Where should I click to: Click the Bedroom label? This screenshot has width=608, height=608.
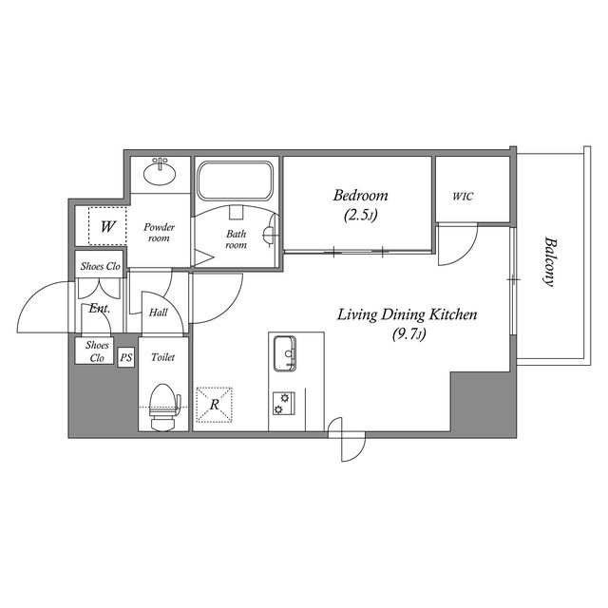click(x=360, y=195)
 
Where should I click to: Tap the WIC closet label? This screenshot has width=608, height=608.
click(x=463, y=197)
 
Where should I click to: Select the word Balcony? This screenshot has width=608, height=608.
click(x=549, y=261)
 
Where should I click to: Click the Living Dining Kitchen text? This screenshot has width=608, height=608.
click(x=407, y=314)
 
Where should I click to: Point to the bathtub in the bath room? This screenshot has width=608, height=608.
click(x=236, y=180)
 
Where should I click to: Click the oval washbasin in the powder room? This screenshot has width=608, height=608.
click(x=160, y=171)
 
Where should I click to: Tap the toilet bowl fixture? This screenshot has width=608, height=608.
click(x=165, y=408)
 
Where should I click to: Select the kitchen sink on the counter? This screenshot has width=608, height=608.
click(x=285, y=353)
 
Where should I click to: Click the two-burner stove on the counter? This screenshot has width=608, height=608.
click(x=283, y=403)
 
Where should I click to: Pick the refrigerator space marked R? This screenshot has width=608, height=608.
click(x=214, y=405)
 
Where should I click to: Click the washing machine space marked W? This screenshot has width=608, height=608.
click(x=107, y=226)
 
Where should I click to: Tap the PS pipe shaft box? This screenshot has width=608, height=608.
click(x=126, y=357)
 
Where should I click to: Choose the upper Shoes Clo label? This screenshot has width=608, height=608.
click(x=101, y=266)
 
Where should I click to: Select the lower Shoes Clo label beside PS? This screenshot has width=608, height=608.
click(x=97, y=351)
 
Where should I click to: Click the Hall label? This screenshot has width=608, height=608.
click(x=159, y=313)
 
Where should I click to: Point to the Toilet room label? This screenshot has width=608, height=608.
click(x=162, y=357)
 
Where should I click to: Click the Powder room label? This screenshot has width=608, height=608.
click(x=159, y=232)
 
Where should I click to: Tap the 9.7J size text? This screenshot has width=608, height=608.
click(x=409, y=333)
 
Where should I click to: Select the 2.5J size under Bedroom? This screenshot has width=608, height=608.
click(x=360, y=215)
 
